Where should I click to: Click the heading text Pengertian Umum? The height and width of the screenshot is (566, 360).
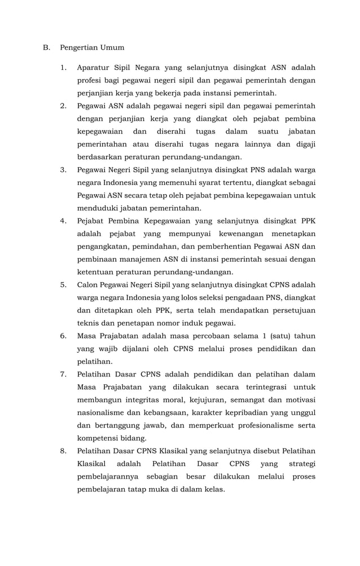(x=92, y=47)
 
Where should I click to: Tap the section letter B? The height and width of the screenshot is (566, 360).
(x=46, y=47)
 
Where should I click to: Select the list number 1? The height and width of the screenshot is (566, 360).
(x=64, y=68)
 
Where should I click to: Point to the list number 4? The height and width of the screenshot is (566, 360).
(x=64, y=221)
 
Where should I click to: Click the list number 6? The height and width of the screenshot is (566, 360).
(x=64, y=336)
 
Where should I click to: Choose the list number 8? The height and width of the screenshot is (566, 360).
(x=64, y=451)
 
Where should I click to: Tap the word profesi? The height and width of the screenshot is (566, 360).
(x=90, y=81)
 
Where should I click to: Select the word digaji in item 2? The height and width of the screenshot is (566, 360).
(x=304, y=144)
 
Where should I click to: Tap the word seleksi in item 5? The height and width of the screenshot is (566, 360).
(x=197, y=297)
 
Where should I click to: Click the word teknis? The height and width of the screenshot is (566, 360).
(x=88, y=323)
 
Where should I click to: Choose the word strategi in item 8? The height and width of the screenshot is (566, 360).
(x=302, y=464)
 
